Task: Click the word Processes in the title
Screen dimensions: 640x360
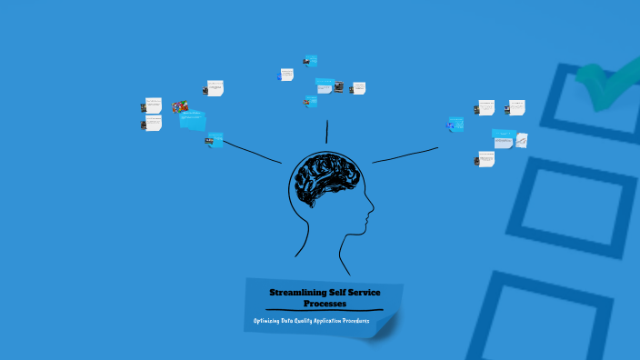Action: (325, 303)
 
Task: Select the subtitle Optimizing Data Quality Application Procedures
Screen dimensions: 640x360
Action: (312, 322)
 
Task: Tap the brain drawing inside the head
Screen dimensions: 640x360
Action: (325, 177)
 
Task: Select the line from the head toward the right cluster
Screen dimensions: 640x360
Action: (405, 155)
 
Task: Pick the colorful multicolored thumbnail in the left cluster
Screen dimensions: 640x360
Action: (182, 107)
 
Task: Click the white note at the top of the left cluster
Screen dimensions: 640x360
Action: (215, 88)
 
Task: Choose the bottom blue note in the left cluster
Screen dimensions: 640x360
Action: (215, 139)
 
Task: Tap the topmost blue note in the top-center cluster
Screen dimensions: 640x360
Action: (312, 61)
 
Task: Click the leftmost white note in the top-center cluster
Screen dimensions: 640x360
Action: (287, 75)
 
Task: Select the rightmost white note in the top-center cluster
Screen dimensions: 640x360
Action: (358, 88)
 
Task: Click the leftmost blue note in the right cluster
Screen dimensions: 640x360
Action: (456, 125)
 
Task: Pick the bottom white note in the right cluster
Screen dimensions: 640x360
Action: (486, 158)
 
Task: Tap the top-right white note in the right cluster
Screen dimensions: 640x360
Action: (516, 107)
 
